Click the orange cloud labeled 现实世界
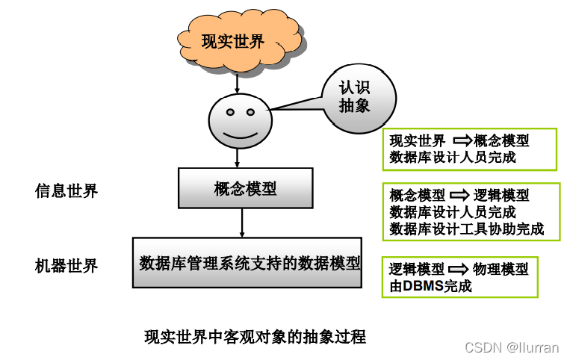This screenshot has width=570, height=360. (x=232, y=41)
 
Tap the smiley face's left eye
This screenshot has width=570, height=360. (x=230, y=114)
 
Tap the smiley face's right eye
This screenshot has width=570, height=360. (x=249, y=114)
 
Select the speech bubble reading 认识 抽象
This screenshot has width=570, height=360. (x=353, y=97)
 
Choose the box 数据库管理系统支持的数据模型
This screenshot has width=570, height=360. (x=247, y=263)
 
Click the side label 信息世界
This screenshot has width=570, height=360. (x=66, y=190)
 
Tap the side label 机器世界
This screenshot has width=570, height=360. (x=66, y=265)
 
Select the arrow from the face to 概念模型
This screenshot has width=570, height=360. (x=237, y=157)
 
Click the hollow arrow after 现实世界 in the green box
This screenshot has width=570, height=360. (x=460, y=140)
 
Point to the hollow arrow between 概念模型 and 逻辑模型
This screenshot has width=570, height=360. (x=459, y=195)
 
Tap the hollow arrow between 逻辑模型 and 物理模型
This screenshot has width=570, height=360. (x=459, y=269)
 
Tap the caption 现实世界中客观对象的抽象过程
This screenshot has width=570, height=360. (x=255, y=337)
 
